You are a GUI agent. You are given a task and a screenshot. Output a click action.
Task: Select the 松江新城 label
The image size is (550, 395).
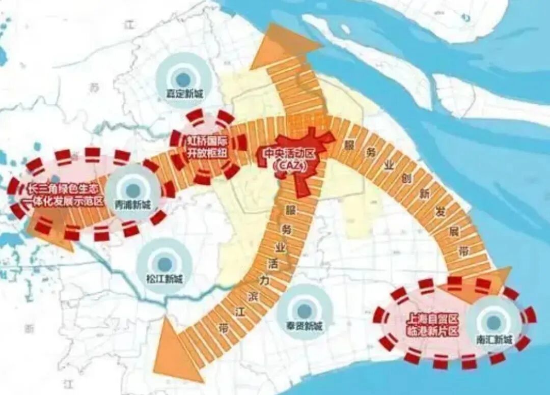[x=164, y=279]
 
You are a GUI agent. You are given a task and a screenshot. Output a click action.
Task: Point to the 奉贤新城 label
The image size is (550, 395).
[x=304, y=326]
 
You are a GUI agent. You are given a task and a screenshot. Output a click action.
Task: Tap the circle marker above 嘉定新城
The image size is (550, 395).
[x=182, y=78]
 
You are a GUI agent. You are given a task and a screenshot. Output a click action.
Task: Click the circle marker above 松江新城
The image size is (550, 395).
[x=164, y=263]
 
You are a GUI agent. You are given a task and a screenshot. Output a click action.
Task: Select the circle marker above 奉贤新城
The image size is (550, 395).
[x=305, y=309]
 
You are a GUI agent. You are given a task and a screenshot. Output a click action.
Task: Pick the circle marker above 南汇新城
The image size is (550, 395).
[x=493, y=322]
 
